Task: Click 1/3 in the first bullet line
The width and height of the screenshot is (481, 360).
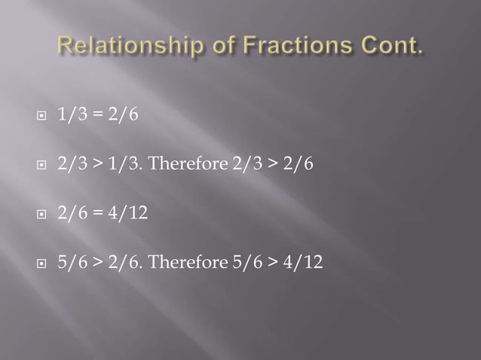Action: click(70, 117)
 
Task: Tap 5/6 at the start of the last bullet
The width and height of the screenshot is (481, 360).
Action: click(70, 262)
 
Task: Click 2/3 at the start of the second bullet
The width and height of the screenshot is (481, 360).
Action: click(70, 166)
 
